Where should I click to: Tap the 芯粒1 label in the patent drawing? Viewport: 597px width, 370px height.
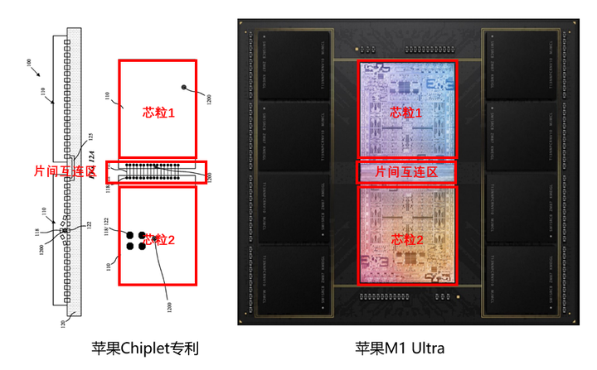pos(158,112)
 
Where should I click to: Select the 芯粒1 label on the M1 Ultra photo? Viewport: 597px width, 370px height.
pos(407,112)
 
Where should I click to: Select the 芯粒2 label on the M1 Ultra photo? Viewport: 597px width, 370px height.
pos(406,239)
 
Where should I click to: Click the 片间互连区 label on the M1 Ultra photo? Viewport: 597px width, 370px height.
pos(407,172)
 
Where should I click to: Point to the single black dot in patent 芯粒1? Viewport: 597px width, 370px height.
pos(182,86)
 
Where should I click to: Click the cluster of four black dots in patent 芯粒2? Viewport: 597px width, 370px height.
pos(135,241)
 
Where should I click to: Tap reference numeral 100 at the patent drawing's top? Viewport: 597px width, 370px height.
pos(30,63)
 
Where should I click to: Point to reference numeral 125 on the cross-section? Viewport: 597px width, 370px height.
pos(91,135)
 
